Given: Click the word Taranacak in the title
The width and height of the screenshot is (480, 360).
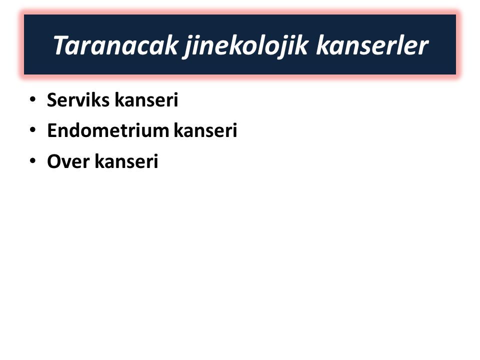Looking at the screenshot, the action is pyautogui.click(x=115, y=45).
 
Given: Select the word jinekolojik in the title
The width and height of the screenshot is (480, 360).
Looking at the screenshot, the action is pyautogui.click(x=245, y=46).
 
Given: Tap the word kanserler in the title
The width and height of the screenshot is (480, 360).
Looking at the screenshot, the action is pyautogui.click(x=372, y=45).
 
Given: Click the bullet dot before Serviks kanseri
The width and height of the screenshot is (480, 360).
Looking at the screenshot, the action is pyautogui.click(x=32, y=99).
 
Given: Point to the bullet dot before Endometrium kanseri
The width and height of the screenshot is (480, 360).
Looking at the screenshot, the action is pyautogui.click(x=32, y=130).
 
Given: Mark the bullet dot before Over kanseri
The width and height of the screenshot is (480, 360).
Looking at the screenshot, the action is pyautogui.click(x=32, y=160).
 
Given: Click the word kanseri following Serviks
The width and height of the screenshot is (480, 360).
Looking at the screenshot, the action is pyautogui.click(x=146, y=100).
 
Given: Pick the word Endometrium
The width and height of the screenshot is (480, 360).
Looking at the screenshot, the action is pyautogui.click(x=108, y=130).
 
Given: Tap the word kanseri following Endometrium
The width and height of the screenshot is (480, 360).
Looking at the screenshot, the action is pyautogui.click(x=205, y=130).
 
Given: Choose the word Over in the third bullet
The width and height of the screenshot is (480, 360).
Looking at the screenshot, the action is pyautogui.click(x=68, y=161).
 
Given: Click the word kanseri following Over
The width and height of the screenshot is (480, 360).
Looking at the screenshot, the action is pyautogui.click(x=126, y=161).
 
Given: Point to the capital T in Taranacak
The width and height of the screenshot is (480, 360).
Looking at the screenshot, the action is pyautogui.click(x=60, y=45).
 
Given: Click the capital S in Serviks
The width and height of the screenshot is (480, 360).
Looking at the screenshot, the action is pyautogui.click(x=52, y=100).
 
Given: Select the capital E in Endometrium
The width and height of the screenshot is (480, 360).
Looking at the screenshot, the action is pyautogui.click(x=52, y=130).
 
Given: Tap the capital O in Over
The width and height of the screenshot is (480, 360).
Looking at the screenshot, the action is pyautogui.click(x=54, y=161).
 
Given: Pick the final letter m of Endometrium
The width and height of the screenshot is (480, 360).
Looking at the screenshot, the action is pyautogui.click(x=160, y=132).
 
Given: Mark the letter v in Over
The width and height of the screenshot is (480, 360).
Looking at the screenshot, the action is pyautogui.click(x=68, y=163).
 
